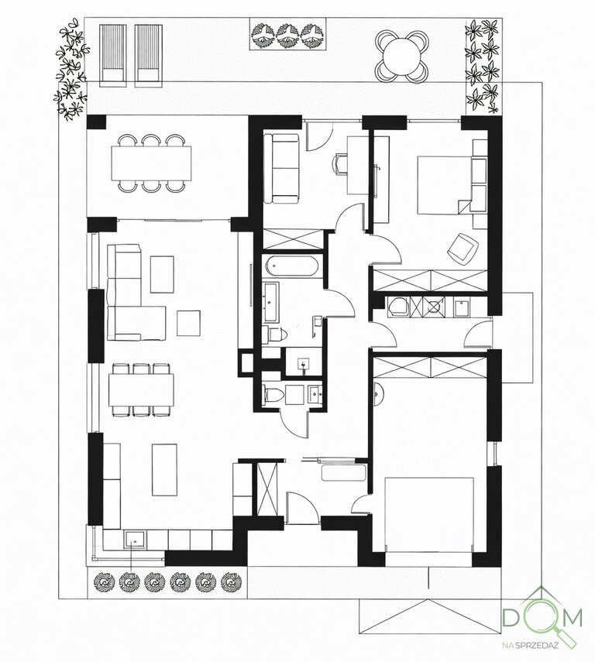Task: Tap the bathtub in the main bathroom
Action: [292, 266]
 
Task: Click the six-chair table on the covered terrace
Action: [151, 163]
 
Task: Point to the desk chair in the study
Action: [341, 163]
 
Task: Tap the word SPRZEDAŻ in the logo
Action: [537, 645]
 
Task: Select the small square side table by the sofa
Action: [188, 323]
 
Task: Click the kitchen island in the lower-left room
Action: [164, 469]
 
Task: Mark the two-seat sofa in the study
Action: [281, 168]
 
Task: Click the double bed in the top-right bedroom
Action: [445, 185]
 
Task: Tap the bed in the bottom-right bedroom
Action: [429, 514]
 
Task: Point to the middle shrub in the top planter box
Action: [287, 34]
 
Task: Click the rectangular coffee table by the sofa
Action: [162, 274]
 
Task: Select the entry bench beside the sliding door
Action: [343, 474]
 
